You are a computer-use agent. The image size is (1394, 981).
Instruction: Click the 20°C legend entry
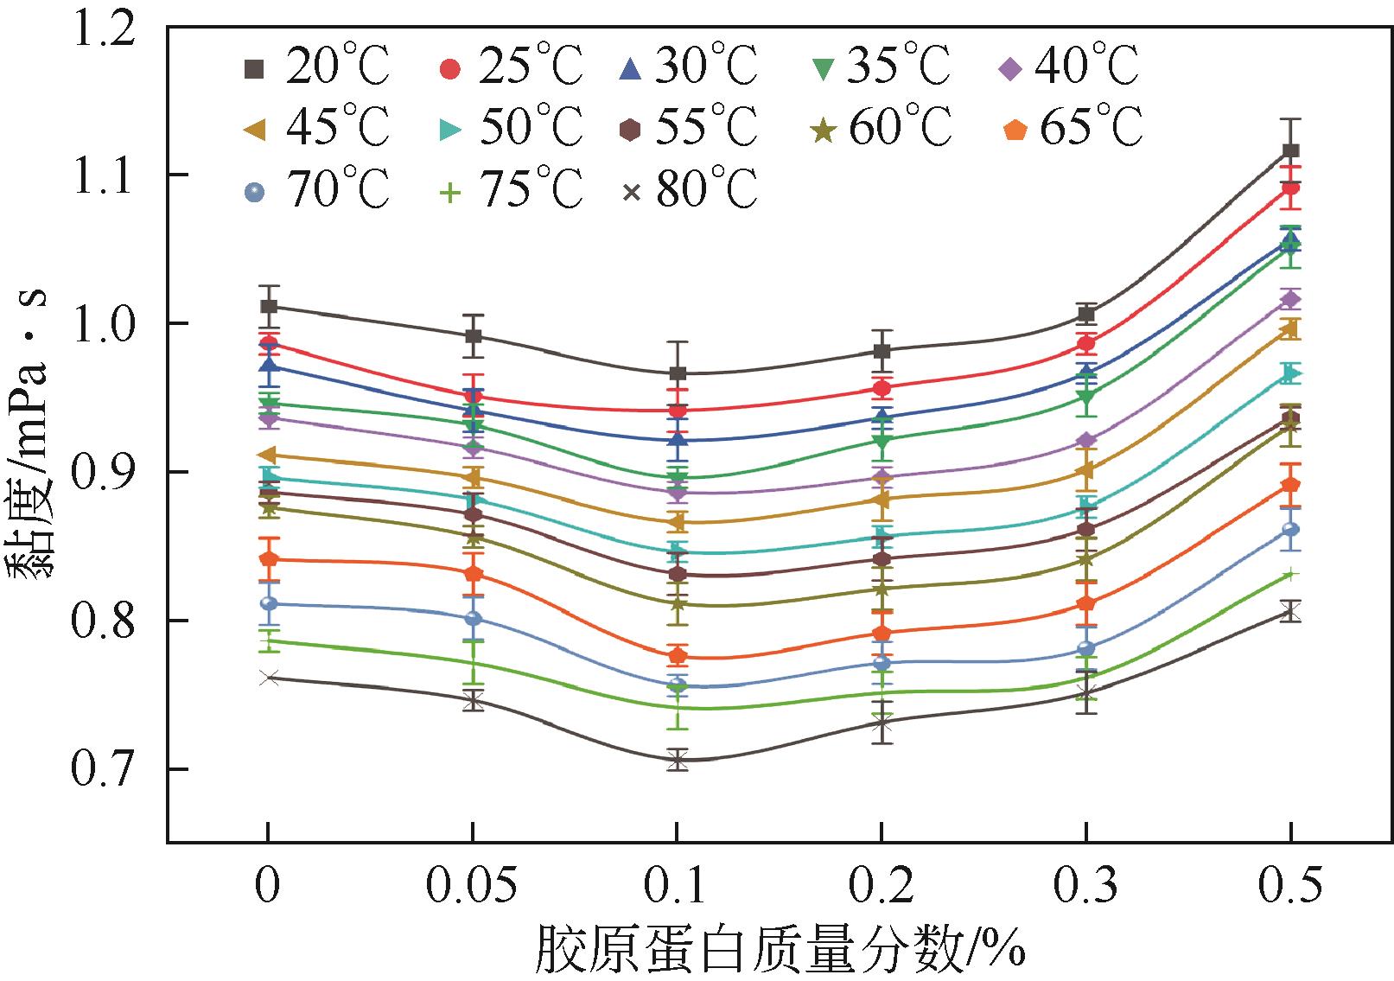pyautogui.click(x=316, y=67)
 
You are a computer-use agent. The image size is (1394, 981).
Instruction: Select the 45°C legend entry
pyautogui.click(x=316, y=128)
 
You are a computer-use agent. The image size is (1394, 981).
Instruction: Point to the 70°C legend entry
pyautogui.click(x=316, y=189)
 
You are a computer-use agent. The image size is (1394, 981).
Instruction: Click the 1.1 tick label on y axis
pyautogui.click(x=109, y=175)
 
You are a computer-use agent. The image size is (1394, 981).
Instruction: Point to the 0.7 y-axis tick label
pyautogui.click(x=109, y=769)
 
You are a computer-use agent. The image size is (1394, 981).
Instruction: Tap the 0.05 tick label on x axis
pyautogui.click(x=473, y=888)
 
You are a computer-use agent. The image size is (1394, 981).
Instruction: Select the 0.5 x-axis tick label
pyautogui.click(x=1291, y=888)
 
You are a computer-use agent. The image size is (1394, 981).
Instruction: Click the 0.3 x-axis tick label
pyautogui.click(x=1086, y=888)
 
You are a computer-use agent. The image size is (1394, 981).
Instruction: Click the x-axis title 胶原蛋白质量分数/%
pyautogui.click(x=780, y=949)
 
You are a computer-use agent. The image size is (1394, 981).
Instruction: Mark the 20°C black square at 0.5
pyautogui.click(x=1291, y=151)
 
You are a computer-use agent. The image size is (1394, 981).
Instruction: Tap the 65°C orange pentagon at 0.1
pyautogui.click(x=678, y=656)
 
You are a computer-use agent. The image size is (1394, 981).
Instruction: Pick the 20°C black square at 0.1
pyautogui.click(x=678, y=373)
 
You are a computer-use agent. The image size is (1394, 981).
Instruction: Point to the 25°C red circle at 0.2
pyautogui.click(x=882, y=388)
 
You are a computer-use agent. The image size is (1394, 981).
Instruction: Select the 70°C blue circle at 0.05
pyautogui.click(x=473, y=619)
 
